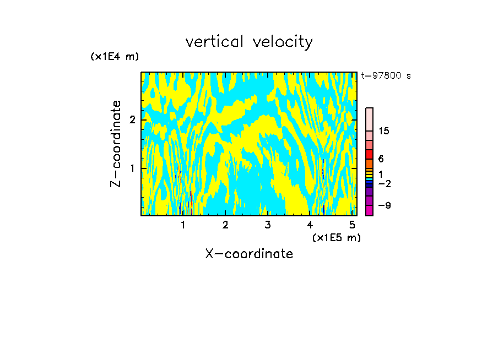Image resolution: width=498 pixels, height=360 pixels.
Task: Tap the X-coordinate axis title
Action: pos(249,254)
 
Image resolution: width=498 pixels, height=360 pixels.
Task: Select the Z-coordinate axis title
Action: pos(116,144)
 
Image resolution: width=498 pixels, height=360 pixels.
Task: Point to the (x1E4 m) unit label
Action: pos(115,57)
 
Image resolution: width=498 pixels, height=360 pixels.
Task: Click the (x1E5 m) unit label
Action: pos(336,237)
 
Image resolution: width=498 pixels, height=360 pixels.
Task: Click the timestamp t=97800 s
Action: pos(386,76)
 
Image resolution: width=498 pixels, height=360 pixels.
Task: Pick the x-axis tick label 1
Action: pos(183,225)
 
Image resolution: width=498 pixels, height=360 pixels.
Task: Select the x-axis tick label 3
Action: pos(268,225)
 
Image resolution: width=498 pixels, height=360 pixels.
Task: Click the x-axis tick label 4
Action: pos(310,225)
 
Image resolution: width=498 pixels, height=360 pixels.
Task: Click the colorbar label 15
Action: pos(384,131)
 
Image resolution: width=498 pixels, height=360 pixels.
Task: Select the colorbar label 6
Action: pos(381,159)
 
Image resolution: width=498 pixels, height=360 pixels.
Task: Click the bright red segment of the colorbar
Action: pos(369,154)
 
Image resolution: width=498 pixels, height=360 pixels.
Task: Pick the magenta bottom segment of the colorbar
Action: pos(369,210)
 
